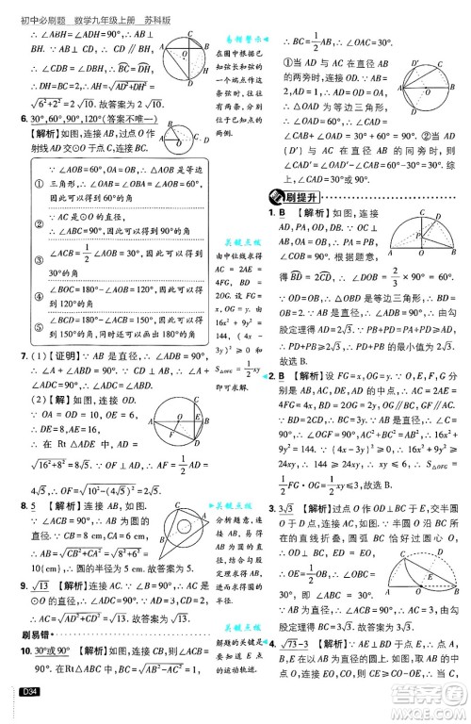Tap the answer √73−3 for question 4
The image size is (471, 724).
[x=299, y=643]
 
